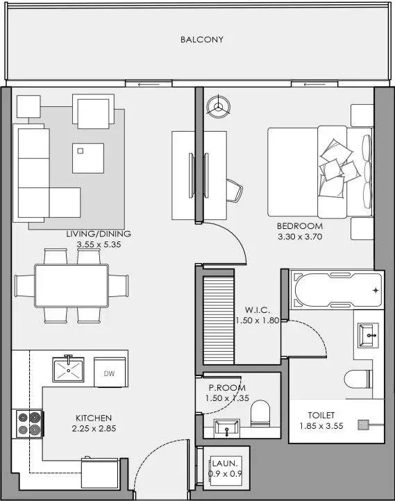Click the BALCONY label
[201, 40]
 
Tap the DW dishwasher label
[109, 373]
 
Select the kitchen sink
[69, 370]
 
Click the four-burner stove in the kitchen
[29, 424]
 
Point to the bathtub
[336, 290]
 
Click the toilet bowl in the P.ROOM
[260, 414]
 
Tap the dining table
[72, 286]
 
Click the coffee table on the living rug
[88, 158]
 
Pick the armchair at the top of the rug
[93, 111]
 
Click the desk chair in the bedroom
[235, 190]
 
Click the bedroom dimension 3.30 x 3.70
[300, 237]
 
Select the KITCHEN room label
[94, 418]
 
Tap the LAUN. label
[225, 464]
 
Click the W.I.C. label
[258, 310]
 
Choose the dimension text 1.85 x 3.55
[321, 426]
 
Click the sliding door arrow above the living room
[149, 85]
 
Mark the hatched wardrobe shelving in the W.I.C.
[219, 320]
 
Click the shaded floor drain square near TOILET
[363, 425]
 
